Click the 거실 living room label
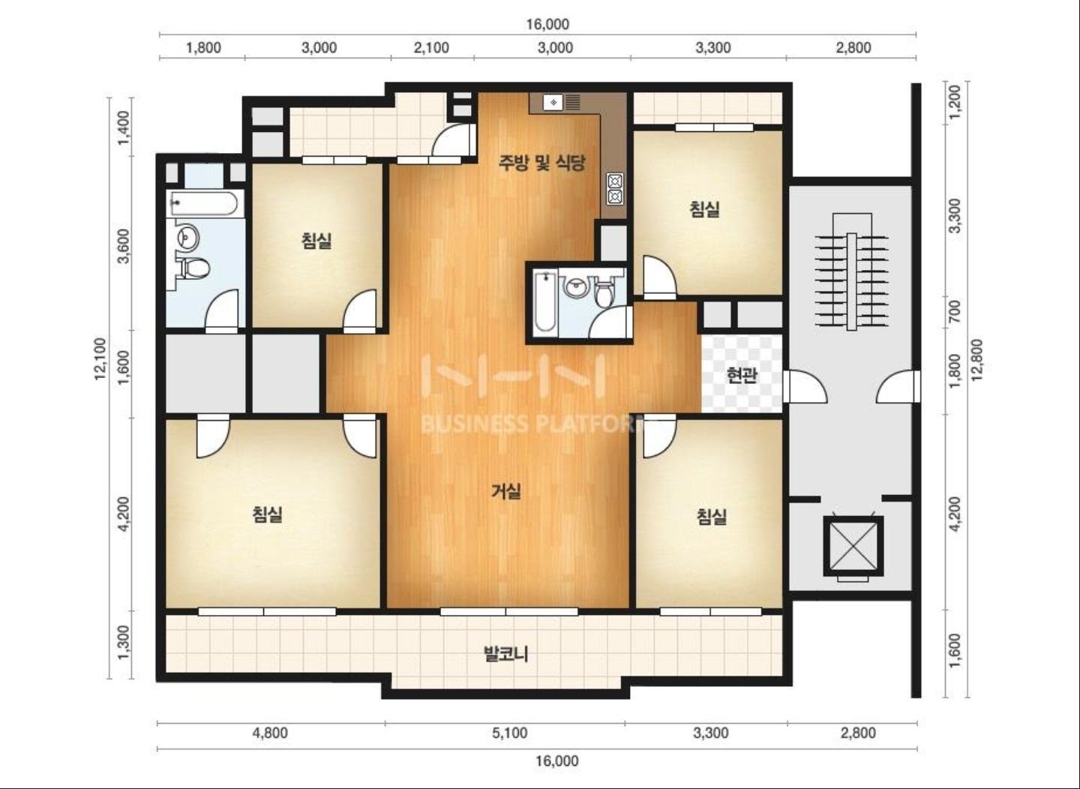(505, 491)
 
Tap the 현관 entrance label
(742, 375)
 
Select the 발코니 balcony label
(505, 655)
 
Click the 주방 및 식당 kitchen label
(542, 163)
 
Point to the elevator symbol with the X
(853, 546)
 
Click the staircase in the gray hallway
(852, 272)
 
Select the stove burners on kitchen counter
(615, 188)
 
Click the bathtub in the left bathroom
(202, 203)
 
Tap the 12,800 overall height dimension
(976, 360)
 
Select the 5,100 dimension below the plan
(510, 733)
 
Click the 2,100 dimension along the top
(431, 48)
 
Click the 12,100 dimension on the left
(100, 358)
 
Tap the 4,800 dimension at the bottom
(270, 733)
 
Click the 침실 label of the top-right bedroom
(704, 209)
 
